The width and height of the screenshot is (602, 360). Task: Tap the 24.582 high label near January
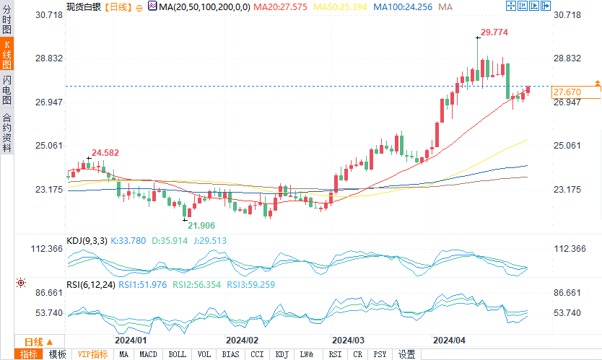tap(106, 152)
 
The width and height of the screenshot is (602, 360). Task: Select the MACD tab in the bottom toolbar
tap(148, 354)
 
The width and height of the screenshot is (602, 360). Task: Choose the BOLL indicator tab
tap(176, 354)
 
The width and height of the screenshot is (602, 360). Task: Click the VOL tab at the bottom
tap(204, 354)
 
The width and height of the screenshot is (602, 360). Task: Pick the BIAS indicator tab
tap(230, 354)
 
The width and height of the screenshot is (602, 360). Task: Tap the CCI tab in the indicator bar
tap(257, 354)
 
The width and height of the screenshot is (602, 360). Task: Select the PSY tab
tap(380, 354)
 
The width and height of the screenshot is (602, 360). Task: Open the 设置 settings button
tap(406, 354)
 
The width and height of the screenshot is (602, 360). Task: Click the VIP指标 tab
tap(92, 354)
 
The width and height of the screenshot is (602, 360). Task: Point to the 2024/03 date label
tap(346, 339)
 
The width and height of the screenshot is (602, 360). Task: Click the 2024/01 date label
tap(131, 339)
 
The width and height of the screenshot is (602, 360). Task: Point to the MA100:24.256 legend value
tap(406, 6)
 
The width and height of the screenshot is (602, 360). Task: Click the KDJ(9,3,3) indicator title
tap(86, 241)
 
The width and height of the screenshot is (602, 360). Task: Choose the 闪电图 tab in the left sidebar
tap(6, 90)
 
